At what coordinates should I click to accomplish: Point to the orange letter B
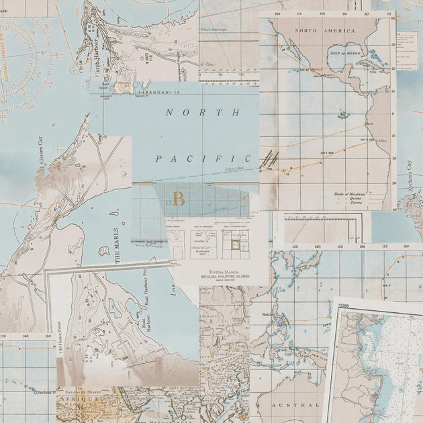[x=178, y=198]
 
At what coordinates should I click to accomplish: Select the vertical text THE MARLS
[x=115, y=244]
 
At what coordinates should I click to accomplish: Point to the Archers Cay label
[x=409, y=176]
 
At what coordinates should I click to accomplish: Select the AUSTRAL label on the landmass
[x=295, y=406]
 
